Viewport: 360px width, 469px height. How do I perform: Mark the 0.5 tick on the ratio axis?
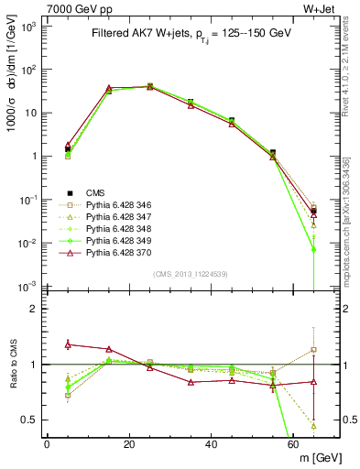[30, 420]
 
